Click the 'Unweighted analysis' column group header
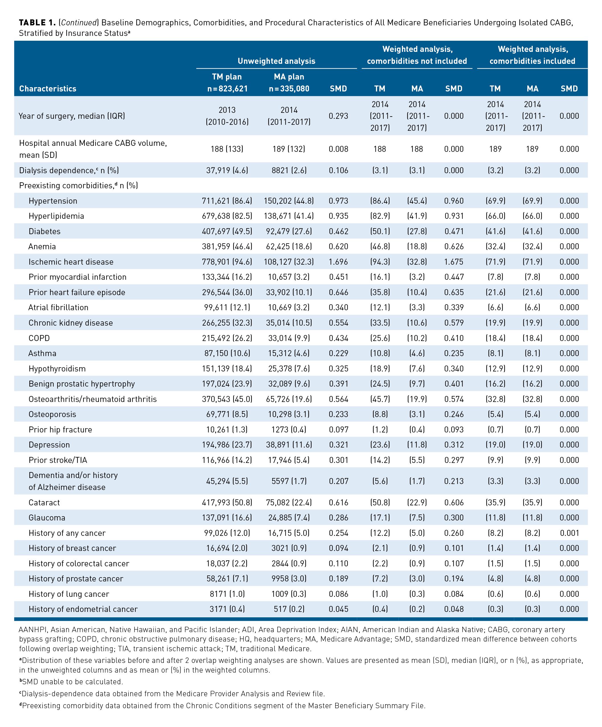click(276, 61)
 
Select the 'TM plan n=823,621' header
click(227, 83)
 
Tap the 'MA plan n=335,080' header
click(289, 83)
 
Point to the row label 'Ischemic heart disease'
click(71, 262)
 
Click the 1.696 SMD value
click(338, 262)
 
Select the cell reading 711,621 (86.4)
click(227, 201)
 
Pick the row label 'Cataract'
click(44, 502)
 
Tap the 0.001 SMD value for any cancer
click(569, 533)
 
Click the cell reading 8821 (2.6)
click(289, 170)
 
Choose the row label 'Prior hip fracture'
click(60, 430)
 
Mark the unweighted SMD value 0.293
click(338, 116)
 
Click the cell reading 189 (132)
click(289, 149)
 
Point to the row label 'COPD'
click(39, 338)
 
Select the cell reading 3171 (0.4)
click(227, 609)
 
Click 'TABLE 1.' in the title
click(37, 23)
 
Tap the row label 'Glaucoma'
click(47, 518)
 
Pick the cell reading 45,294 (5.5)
click(227, 481)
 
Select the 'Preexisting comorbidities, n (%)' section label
click(78, 185)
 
